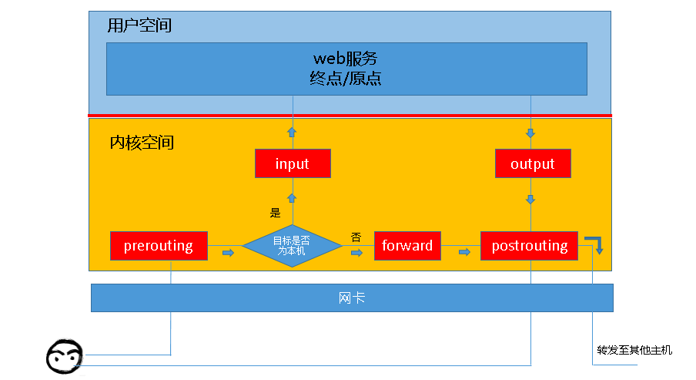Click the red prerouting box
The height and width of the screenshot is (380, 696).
pos(159,246)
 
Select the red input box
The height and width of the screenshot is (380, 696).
pos(293,163)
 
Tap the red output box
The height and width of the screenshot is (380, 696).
pos(532,163)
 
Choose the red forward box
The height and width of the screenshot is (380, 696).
pos(407,246)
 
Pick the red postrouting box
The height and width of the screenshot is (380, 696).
pos(529,246)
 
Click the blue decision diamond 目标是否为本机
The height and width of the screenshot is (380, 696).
pos(293,246)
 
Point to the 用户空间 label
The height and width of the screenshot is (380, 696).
pos(139,25)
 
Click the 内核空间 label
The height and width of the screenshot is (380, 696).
pos(142,143)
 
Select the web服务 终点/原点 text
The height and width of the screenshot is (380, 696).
pos(346,69)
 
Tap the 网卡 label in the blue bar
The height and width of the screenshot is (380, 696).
pos(351,298)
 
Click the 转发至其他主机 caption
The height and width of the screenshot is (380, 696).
pos(634,350)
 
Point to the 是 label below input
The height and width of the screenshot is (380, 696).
pos(275,213)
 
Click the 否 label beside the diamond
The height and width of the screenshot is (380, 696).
pos(356,236)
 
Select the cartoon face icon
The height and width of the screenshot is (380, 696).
pos(64,356)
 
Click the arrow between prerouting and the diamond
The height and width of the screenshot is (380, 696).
pos(228,252)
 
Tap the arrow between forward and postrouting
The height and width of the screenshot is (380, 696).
pos(464,252)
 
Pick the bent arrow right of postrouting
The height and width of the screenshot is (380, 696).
pos(595,245)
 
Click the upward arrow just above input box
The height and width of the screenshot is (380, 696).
pos(292,133)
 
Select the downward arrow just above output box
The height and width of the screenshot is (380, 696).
pos(530,133)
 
